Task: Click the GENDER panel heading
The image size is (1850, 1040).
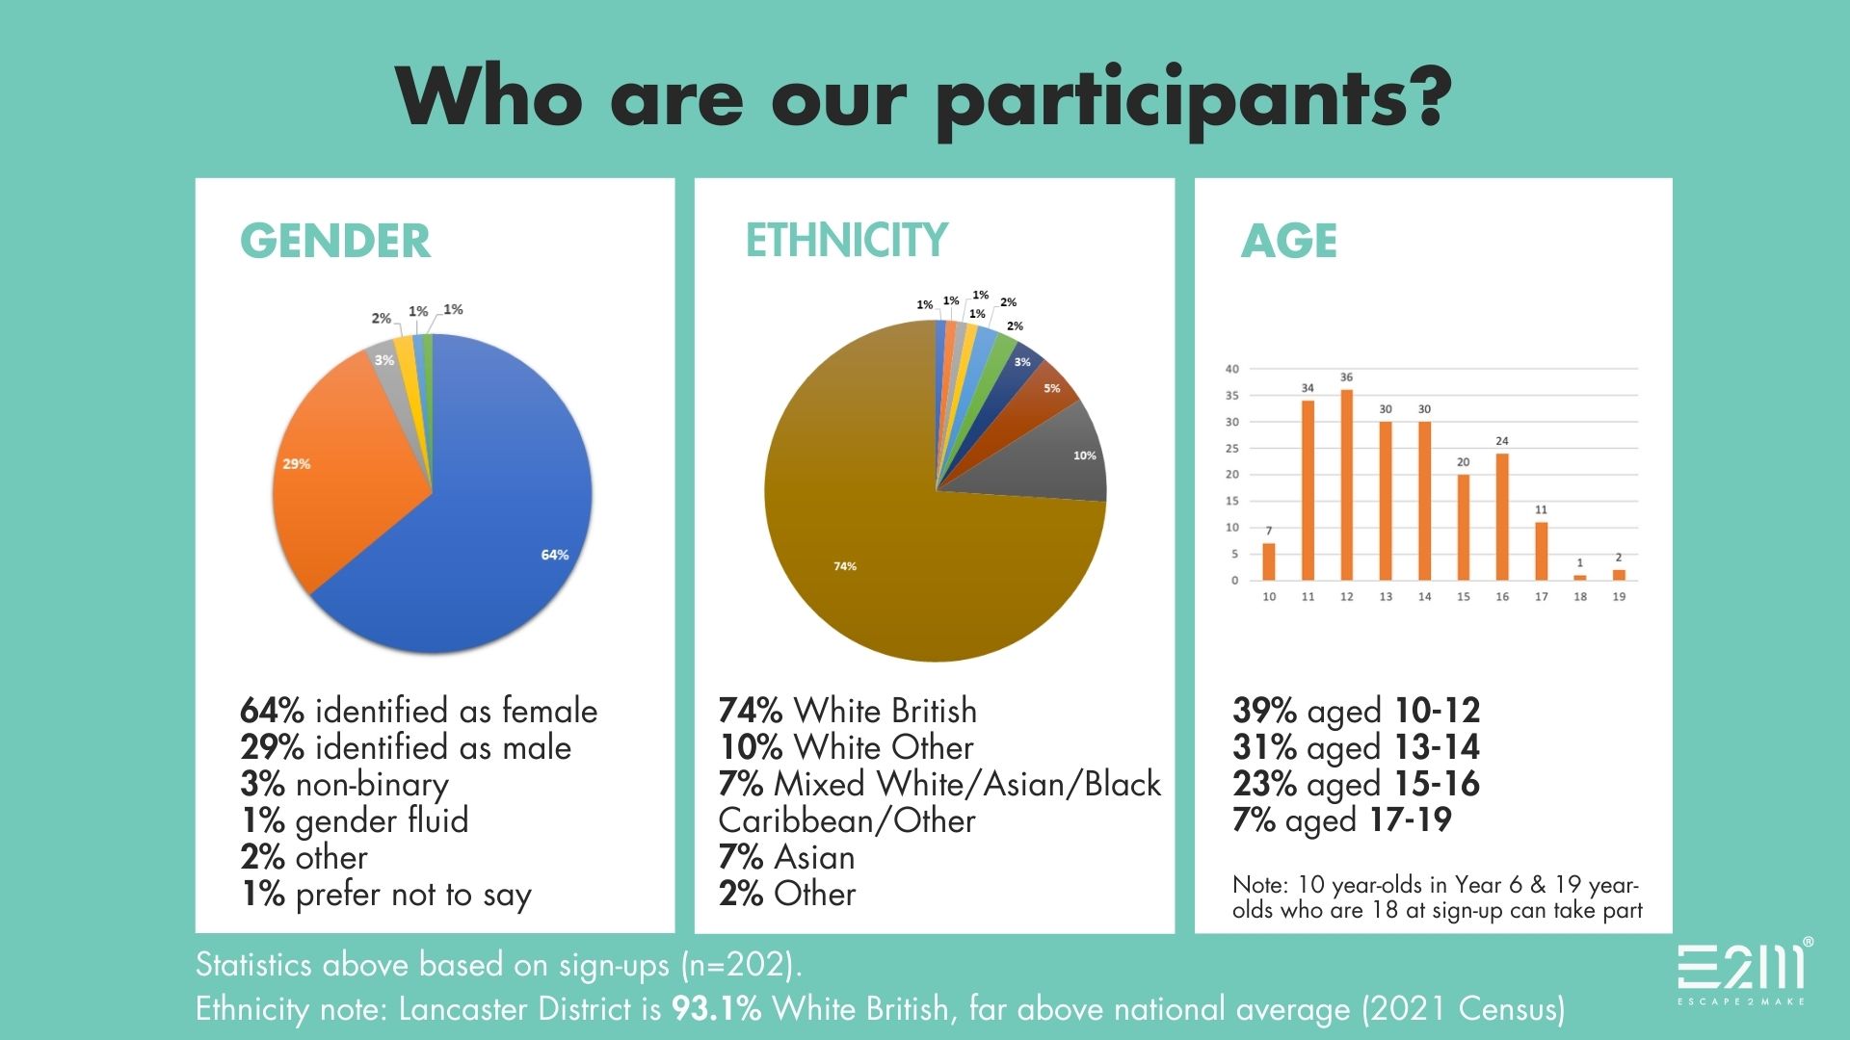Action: pyautogui.click(x=334, y=241)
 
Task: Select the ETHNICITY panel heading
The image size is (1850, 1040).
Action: pyautogui.click(x=846, y=240)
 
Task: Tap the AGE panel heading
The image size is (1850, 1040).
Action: pyautogui.click(x=1288, y=241)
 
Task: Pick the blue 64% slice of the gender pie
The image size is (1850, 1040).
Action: pyautogui.click(x=491, y=539)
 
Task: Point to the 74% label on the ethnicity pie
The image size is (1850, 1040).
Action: pyautogui.click(x=845, y=566)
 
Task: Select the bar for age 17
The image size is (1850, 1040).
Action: pyautogui.click(x=1541, y=551)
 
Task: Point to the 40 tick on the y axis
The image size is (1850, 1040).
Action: pyautogui.click(x=1231, y=369)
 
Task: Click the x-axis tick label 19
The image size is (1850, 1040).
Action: pyautogui.click(x=1619, y=597)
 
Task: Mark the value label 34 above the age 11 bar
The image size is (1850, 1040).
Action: pyautogui.click(x=1308, y=388)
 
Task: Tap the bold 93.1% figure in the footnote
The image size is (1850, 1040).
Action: pyautogui.click(x=716, y=1008)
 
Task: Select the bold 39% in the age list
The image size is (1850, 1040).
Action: pyautogui.click(x=1264, y=711)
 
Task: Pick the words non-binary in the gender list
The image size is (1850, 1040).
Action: pyautogui.click(x=372, y=785)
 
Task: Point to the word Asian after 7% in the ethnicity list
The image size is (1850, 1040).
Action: pyautogui.click(x=814, y=857)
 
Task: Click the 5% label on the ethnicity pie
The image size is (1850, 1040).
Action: pyautogui.click(x=1051, y=389)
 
